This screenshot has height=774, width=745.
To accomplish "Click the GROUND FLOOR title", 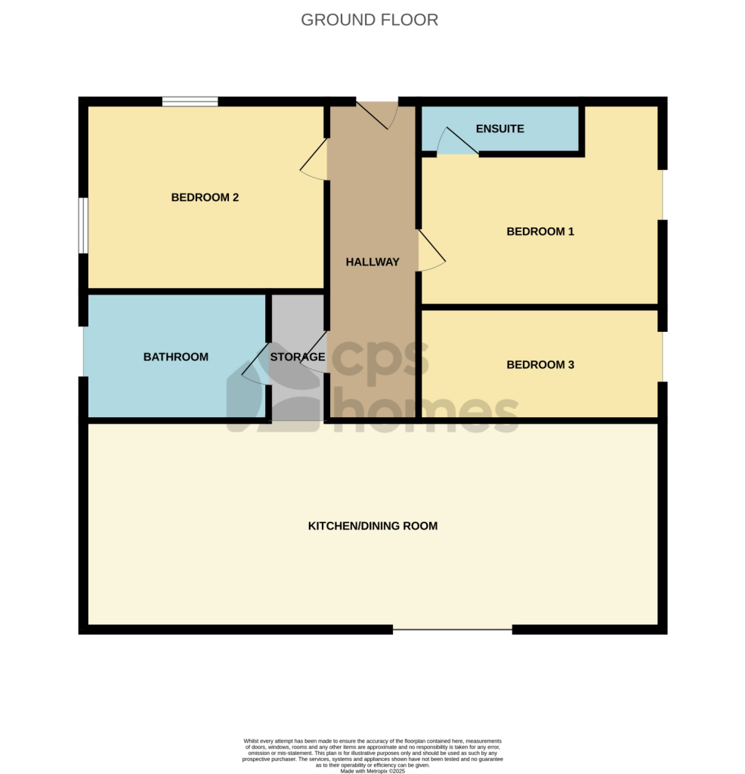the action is (x=369, y=20).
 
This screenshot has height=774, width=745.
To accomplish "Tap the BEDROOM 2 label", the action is (x=205, y=197).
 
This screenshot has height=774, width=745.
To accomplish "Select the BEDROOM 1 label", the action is (x=540, y=231).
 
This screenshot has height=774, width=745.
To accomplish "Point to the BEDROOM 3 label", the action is (x=540, y=365).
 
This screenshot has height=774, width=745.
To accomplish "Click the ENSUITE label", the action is (x=499, y=128).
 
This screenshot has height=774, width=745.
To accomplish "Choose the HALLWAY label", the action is (x=372, y=262).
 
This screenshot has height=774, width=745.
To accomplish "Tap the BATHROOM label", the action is (x=175, y=357).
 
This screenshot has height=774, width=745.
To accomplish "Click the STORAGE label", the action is (x=298, y=357).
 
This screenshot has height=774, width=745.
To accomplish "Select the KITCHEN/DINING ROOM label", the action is (x=372, y=526).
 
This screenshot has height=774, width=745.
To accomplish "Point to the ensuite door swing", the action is (x=457, y=140).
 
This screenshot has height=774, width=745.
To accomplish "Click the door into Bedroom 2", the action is (x=314, y=159).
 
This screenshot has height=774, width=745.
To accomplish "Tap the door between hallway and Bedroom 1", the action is (x=431, y=251).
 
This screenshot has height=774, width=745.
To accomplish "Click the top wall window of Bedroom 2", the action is (x=190, y=102).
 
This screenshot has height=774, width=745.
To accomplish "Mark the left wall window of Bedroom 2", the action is (x=83, y=225).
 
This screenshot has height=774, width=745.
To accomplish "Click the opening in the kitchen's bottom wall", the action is (x=453, y=630).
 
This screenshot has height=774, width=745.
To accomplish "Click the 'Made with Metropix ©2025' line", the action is (x=372, y=771).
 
